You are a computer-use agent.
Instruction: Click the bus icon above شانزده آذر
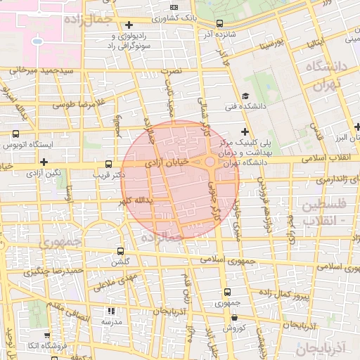[220, 23]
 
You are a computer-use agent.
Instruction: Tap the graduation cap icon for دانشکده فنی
[245, 96]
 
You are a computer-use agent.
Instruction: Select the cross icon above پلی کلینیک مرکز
[245, 131]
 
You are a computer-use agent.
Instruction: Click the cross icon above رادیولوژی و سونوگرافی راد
[129, 25]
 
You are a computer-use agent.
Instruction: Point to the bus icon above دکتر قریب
[108, 162]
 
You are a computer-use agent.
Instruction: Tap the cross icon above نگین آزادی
[44, 162]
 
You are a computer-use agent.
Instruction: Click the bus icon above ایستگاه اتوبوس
[15, 134]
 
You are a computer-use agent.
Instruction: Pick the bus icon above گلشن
[120, 250]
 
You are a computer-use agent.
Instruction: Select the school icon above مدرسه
[110, 311]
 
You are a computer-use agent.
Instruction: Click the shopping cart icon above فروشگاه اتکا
[46, 335]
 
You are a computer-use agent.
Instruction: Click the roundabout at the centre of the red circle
[210, 162]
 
